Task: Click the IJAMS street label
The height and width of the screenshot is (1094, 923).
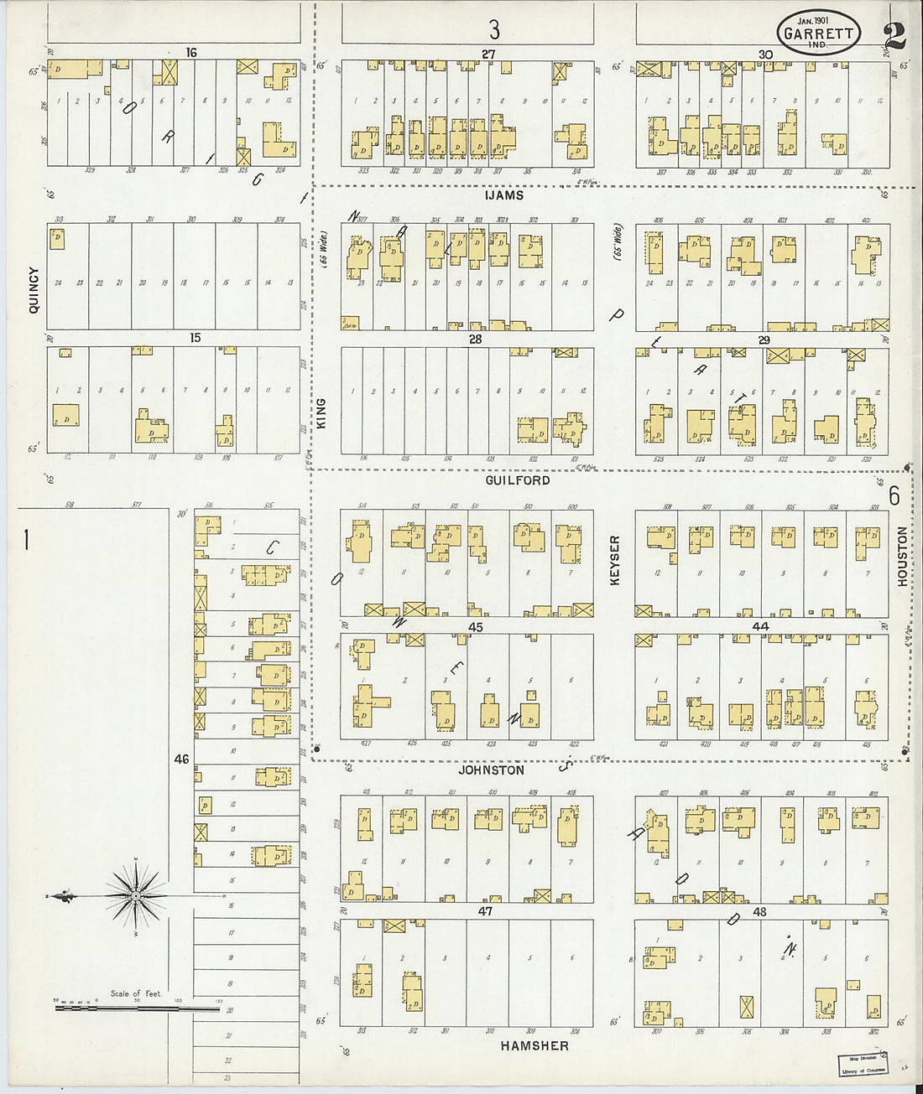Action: (x=503, y=195)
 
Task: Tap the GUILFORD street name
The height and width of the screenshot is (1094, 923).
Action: (x=518, y=480)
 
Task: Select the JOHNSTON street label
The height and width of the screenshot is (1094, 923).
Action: (x=491, y=770)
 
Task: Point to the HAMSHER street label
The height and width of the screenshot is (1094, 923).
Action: (x=535, y=1045)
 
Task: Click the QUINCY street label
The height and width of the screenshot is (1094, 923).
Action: (x=34, y=290)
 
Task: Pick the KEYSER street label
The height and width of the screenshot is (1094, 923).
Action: (x=615, y=560)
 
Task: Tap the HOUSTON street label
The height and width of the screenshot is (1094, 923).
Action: (x=902, y=556)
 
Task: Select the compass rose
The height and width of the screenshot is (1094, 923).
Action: (x=135, y=896)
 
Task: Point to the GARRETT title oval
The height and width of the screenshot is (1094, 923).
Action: (x=818, y=34)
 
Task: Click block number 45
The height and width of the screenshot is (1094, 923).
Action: (x=476, y=627)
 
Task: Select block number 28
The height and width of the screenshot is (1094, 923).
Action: (x=476, y=340)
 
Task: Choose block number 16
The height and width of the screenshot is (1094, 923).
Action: (x=191, y=53)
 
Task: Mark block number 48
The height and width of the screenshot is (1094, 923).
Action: (x=760, y=911)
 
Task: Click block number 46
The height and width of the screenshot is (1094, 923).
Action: (x=181, y=760)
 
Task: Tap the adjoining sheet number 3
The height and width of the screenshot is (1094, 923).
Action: (x=494, y=30)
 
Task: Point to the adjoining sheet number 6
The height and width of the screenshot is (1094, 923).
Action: (x=894, y=496)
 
